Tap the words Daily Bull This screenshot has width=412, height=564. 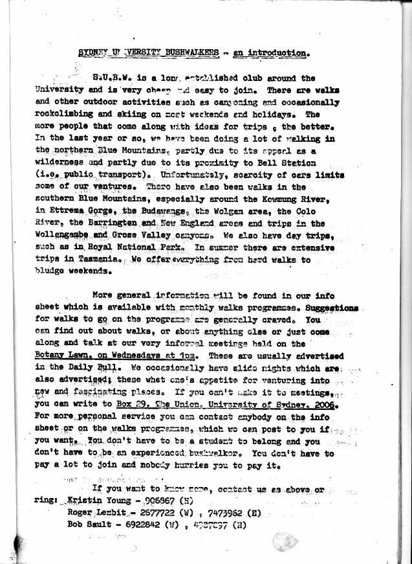pos(86,368)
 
